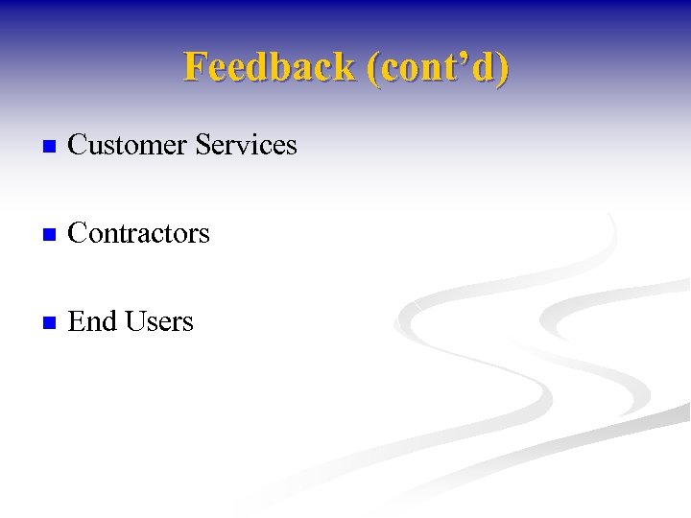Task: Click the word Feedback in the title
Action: click(270, 67)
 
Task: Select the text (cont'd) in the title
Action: click(438, 67)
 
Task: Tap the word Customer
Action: click(128, 145)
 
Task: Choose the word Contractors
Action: click(139, 233)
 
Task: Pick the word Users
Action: click(159, 321)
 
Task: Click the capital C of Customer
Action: click(78, 146)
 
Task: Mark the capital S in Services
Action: click(203, 146)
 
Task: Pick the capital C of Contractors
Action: click(78, 234)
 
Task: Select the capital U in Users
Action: click(135, 322)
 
